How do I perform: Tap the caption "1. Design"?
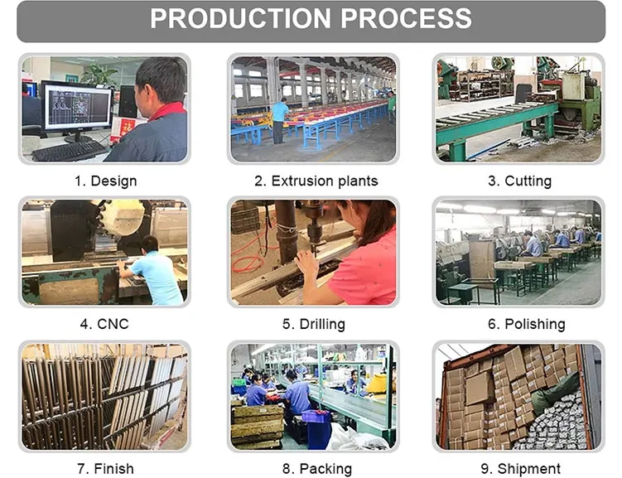point(107,181)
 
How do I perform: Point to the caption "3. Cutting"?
point(519,181)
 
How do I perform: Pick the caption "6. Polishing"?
point(519,324)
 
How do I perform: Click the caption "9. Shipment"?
point(519,469)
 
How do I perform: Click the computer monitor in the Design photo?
point(76,105)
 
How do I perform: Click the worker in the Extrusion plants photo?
point(281,116)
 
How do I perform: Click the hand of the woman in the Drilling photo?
point(307,263)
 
